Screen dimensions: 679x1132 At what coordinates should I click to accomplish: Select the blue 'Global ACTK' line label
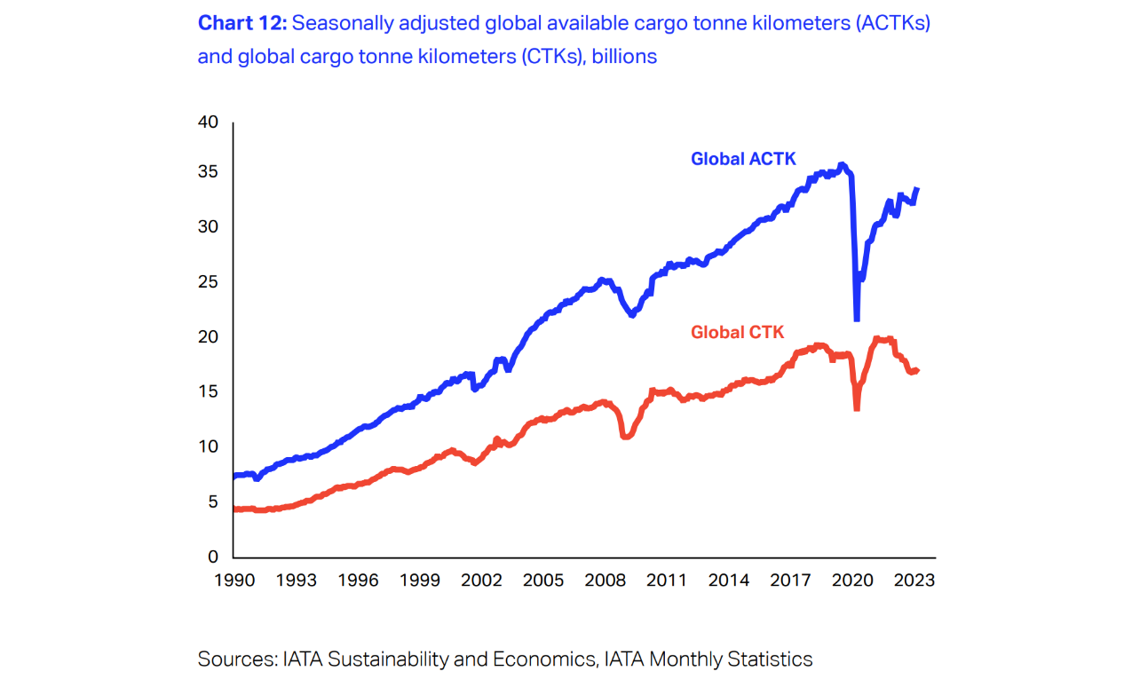743,159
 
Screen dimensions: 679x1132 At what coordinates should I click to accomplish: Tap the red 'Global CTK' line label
738,332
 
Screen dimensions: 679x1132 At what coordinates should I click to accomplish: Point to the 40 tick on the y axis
208,122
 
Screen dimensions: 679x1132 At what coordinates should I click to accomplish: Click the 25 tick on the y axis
208,282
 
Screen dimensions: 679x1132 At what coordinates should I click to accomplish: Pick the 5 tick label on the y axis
213,501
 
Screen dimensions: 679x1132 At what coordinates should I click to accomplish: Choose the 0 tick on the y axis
213,557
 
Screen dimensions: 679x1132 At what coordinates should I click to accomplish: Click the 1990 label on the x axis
233,580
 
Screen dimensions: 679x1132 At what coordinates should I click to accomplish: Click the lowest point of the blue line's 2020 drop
857,319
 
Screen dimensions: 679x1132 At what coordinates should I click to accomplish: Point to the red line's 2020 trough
857,407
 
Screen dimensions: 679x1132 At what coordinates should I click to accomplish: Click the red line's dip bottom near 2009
626,437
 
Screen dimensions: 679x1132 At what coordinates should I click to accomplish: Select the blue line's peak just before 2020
842,164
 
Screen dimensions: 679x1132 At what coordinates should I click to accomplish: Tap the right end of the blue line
917,189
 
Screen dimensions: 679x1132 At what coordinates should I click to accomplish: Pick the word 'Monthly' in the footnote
685,659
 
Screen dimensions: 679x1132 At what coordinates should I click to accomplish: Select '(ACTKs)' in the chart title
893,23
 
